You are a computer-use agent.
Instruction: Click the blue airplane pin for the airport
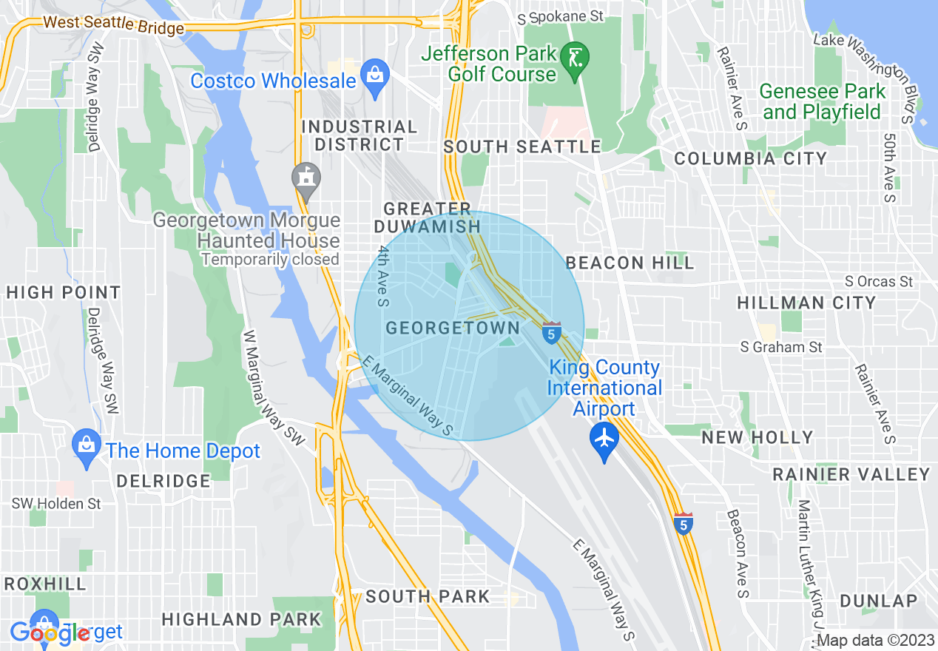pyautogui.click(x=605, y=439)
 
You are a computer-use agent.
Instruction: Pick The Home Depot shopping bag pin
pyautogui.click(x=87, y=447)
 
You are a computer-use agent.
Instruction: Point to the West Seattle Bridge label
pyautogui.click(x=113, y=25)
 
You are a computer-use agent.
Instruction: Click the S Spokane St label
pyautogui.click(x=560, y=16)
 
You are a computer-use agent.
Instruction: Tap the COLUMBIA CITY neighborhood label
pyautogui.click(x=750, y=159)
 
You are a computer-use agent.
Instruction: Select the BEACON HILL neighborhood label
pyautogui.click(x=630, y=263)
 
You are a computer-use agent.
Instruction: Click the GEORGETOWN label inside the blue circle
pyautogui.click(x=453, y=328)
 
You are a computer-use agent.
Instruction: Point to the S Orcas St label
pyautogui.click(x=879, y=281)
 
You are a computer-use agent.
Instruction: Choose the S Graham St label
pyautogui.click(x=783, y=346)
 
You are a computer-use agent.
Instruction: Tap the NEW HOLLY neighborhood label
pyautogui.click(x=757, y=437)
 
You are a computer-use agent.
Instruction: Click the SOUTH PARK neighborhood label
pyautogui.click(x=428, y=596)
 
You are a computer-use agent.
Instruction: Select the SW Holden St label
pyautogui.click(x=55, y=504)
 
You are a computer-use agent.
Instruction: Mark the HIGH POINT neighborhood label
pyautogui.click(x=63, y=293)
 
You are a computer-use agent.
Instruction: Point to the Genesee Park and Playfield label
pyautogui.click(x=823, y=102)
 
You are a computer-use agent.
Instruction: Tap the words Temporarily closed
pyautogui.click(x=270, y=260)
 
